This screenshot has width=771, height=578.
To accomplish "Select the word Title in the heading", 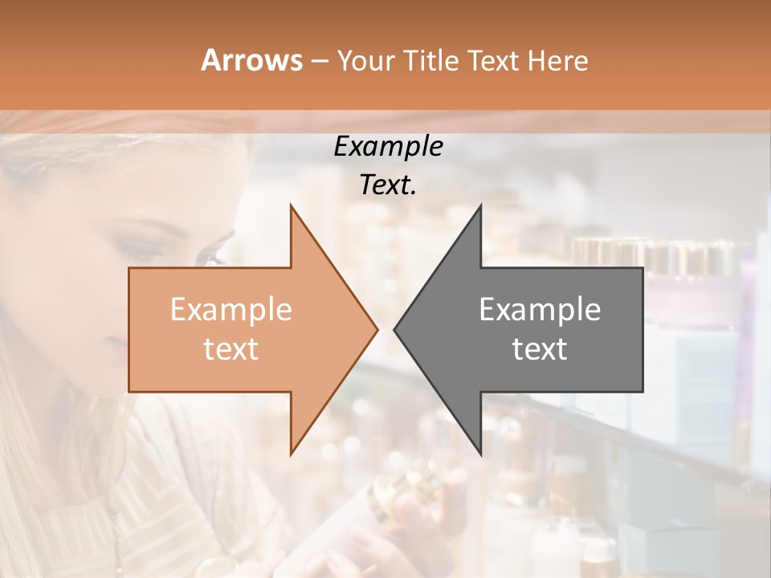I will [x=430, y=60].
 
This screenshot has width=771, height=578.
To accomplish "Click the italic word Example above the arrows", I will [x=388, y=146].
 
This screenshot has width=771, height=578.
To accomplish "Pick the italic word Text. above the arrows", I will [x=388, y=185].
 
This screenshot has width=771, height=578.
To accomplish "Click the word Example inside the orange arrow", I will [x=231, y=309].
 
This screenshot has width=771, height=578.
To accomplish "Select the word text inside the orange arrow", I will [x=231, y=349].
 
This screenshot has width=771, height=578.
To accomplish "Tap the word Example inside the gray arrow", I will [x=540, y=309].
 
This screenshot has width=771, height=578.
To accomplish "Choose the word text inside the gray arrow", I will [x=540, y=349].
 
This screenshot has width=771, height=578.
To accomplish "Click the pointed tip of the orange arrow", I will [x=377, y=329].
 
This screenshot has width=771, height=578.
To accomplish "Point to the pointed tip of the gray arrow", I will [x=394, y=329].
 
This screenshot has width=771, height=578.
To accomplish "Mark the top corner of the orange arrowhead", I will [x=291, y=206].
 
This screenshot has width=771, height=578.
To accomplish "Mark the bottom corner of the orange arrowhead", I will [x=291, y=454].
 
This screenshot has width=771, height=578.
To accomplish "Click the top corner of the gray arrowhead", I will [x=480, y=206].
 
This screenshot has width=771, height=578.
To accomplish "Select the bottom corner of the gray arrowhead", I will [x=480, y=454].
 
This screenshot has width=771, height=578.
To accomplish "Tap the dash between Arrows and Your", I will [x=319, y=61].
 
